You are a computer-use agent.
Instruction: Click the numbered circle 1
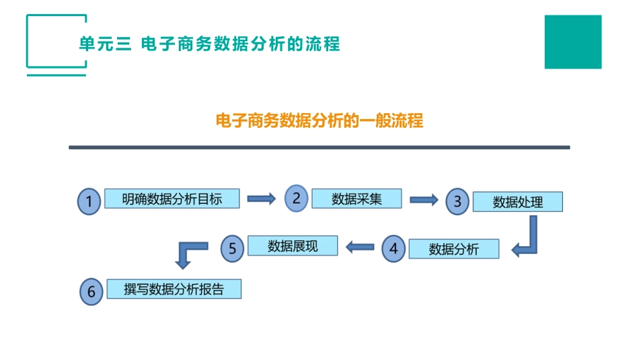coord(90,201)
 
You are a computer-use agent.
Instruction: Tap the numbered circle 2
coord(296,199)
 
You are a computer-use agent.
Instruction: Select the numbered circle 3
coord(457,201)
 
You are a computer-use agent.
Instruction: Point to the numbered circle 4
coord(393,248)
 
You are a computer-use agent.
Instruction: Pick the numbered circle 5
coord(233,248)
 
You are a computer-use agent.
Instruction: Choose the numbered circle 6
coord(91,291)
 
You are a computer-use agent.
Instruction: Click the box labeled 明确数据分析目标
coord(172,199)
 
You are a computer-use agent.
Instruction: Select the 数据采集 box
coord(356,199)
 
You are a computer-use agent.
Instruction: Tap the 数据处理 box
coord(517,202)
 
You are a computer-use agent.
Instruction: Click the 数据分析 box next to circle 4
coord(454,249)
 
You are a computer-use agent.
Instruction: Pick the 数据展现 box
coord(293,246)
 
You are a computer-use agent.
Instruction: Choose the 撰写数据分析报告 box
coord(174,289)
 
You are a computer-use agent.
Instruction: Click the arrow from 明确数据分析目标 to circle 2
coord(262,199)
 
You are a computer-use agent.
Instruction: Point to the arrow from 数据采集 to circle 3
coord(424,199)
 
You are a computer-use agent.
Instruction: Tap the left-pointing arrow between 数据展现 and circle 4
coord(360,248)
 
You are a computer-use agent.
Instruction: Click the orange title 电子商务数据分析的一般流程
coord(319,121)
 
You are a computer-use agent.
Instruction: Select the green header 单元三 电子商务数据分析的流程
coord(209,44)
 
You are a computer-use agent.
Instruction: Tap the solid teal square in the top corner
coord(573,42)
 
